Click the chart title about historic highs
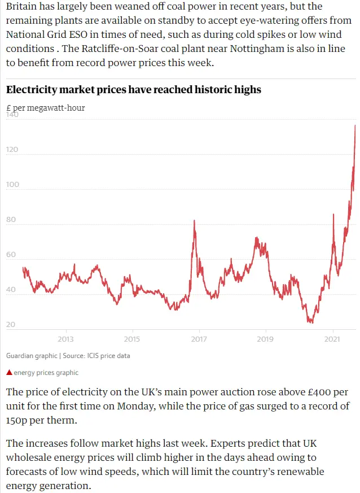(133, 90)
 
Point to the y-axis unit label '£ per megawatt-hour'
(45, 107)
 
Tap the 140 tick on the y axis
(12, 115)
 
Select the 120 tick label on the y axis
(12, 150)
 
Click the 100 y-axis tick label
(12, 185)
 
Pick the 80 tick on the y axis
(11, 220)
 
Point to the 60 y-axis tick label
(11, 255)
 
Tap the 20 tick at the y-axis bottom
(11, 325)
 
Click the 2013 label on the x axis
(65, 339)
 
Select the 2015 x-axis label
(132, 339)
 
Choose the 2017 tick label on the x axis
(199, 339)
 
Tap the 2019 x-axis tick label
(265, 339)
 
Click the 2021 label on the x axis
(332, 339)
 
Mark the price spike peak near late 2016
(194, 221)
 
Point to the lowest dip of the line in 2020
(310, 322)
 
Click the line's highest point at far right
(355, 125)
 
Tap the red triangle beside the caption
(8, 373)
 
